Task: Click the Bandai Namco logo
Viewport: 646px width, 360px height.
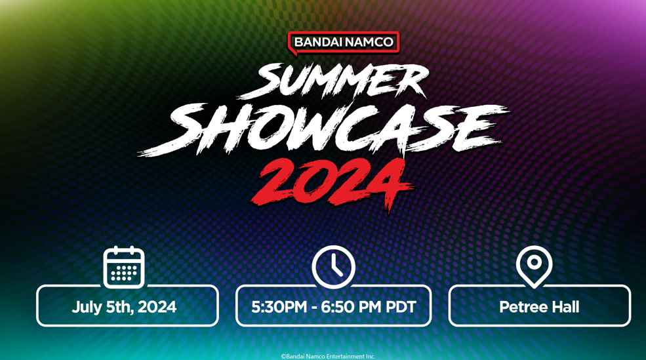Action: (x=343, y=43)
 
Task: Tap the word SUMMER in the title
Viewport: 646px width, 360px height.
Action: (x=333, y=81)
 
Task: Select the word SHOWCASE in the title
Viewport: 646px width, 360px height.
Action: (x=323, y=129)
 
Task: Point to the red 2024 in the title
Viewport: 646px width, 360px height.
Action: (x=332, y=184)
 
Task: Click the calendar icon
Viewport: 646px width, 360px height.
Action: (x=123, y=267)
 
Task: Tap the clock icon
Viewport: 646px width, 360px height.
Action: (x=333, y=266)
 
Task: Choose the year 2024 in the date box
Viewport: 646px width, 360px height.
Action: (x=157, y=307)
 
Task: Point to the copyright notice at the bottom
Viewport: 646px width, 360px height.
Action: (x=328, y=356)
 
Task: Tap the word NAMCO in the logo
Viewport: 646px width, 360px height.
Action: (x=369, y=42)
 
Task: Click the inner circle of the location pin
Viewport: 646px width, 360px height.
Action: (x=534, y=262)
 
